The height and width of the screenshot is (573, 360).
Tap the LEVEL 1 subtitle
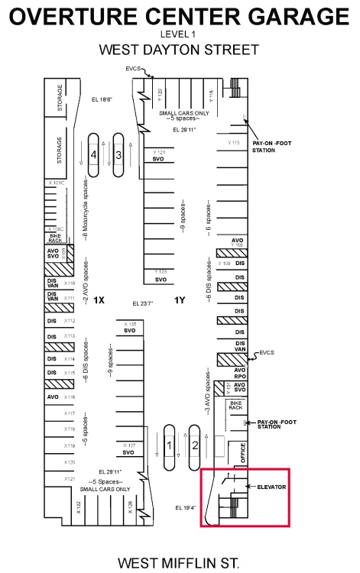point(179,34)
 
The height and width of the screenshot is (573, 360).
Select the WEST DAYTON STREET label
point(179,50)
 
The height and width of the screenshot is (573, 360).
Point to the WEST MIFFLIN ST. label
point(179,563)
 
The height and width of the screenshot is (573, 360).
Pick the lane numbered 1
point(169,445)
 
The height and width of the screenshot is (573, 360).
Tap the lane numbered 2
point(196,445)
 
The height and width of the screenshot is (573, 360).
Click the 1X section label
point(99,300)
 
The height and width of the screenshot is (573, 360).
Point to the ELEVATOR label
point(271,485)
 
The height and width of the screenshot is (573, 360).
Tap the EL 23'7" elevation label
point(142,303)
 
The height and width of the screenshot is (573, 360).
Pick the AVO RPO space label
point(239,374)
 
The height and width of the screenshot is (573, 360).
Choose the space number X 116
point(70,397)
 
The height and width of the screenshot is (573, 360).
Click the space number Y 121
point(159,153)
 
